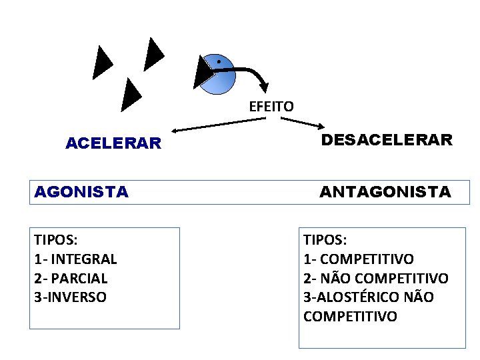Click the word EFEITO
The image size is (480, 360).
coord(271,106)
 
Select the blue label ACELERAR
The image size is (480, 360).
coord(113,143)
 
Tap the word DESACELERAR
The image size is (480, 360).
coord(387,140)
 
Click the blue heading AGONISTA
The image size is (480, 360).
coord(81,193)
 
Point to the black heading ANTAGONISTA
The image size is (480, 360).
coord(385,193)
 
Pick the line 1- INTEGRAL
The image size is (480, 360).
coord(75,259)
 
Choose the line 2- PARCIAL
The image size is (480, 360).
coord(71,278)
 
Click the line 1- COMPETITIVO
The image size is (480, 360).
coord(359,259)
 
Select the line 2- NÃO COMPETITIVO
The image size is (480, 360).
coord(376,278)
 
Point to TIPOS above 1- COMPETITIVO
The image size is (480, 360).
coord(325,240)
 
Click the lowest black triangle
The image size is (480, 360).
coord(131,94)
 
